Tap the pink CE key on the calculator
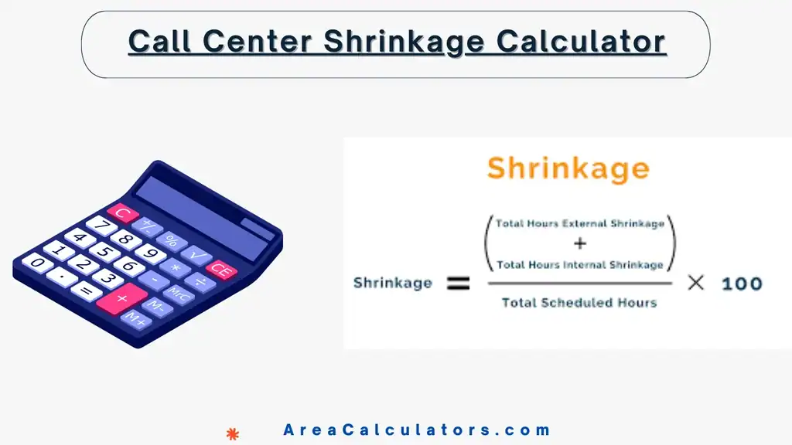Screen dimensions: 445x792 click(x=220, y=270)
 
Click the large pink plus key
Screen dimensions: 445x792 click(x=121, y=297)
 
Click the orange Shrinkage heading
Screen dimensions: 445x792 click(x=568, y=168)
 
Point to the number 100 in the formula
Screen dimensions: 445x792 click(x=741, y=284)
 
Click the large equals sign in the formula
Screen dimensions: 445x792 click(x=459, y=284)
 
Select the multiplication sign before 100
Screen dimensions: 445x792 click(x=696, y=283)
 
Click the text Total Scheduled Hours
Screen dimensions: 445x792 click(x=579, y=302)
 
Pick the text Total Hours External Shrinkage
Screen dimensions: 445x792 click(x=580, y=224)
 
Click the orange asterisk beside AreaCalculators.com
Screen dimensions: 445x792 click(x=232, y=433)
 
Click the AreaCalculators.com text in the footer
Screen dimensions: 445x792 click(x=417, y=430)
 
